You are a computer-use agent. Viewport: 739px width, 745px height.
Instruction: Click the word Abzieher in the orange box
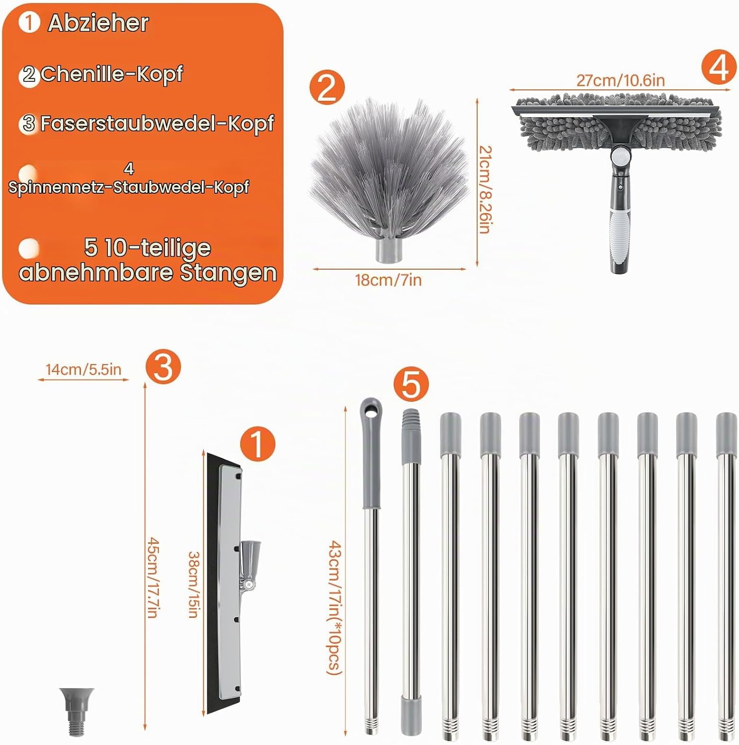tap(98, 23)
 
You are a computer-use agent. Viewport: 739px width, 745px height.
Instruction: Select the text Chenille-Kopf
tap(111, 74)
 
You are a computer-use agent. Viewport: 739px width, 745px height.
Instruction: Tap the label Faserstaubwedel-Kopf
tap(157, 124)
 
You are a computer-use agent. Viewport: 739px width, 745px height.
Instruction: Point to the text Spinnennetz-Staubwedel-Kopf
tap(129, 187)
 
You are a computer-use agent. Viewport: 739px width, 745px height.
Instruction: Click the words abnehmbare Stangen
tap(148, 272)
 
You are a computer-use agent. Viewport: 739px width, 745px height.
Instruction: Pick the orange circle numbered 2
tap(327, 88)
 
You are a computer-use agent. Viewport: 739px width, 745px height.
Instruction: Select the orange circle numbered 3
tap(164, 367)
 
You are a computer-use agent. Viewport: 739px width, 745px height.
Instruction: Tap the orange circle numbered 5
tap(411, 384)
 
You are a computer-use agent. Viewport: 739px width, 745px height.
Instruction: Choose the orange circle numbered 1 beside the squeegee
tap(257, 444)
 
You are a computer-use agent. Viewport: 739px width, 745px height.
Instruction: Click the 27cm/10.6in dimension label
tap(620, 80)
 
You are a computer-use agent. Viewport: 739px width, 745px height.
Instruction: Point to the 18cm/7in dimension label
tap(388, 280)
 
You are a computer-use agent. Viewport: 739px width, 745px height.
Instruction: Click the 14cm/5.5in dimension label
tap(83, 370)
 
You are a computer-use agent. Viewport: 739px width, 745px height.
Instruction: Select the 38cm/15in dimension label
tap(194, 585)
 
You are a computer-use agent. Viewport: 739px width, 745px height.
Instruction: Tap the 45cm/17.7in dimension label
tap(153, 578)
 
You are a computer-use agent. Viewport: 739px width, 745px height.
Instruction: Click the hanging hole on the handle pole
tap(371, 410)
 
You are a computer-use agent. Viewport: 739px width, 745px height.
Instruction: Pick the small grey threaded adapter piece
tap(76, 712)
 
